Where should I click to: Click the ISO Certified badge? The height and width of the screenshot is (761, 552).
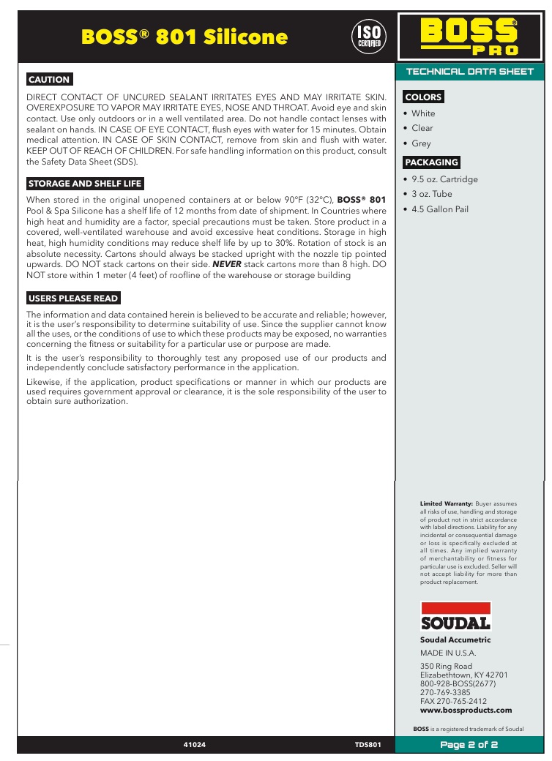[x=369, y=36]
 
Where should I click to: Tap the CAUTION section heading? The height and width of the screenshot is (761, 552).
[x=49, y=80]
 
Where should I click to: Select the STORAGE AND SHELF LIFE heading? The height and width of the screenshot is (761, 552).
[x=85, y=184]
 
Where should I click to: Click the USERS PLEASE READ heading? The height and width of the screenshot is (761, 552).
[x=73, y=299]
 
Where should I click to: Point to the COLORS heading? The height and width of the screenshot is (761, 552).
[x=423, y=97]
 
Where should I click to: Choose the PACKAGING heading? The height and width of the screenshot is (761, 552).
[x=432, y=162]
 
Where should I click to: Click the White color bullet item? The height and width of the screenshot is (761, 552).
[x=422, y=113]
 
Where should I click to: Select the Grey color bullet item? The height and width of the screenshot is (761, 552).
[x=421, y=143]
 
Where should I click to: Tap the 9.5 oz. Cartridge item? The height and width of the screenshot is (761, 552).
[x=444, y=179]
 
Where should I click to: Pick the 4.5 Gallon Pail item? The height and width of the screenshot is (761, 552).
[x=439, y=209]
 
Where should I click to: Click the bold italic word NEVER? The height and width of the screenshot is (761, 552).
[x=227, y=263]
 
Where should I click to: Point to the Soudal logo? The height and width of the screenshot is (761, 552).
[x=455, y=616]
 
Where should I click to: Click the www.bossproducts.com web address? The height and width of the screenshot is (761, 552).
[x=466, y=711]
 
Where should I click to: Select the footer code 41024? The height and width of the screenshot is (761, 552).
[x=194, y=745]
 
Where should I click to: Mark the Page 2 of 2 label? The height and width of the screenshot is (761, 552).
[x=469, y=745]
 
